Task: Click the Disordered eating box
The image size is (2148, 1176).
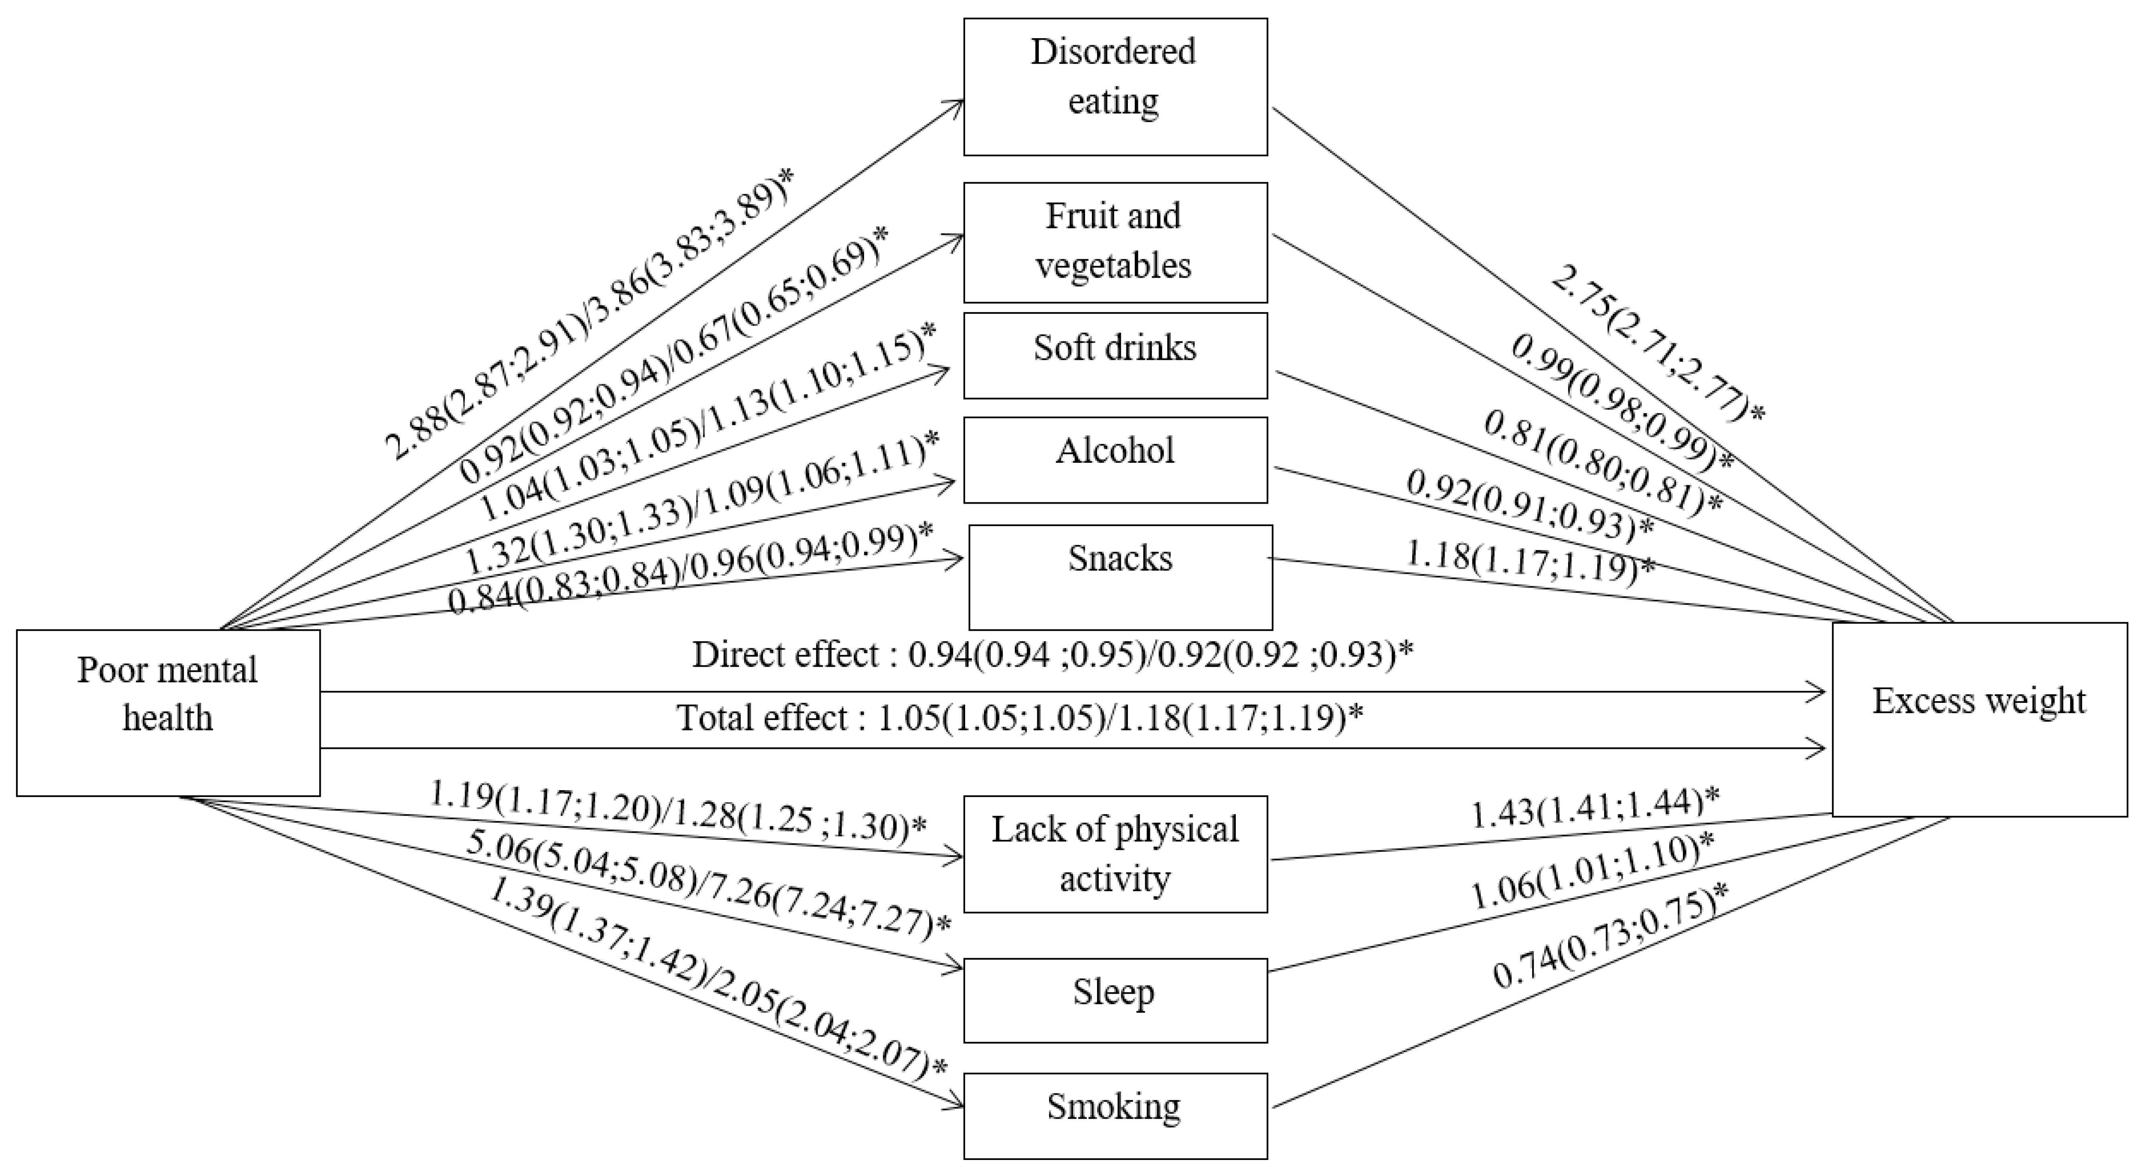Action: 1115,87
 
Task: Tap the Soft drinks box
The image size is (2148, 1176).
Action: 1115,355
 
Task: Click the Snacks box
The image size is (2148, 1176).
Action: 1120,577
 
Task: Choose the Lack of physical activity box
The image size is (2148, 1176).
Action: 1115,853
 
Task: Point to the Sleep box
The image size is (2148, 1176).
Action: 1115,1000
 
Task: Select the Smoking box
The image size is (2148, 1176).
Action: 1115,1115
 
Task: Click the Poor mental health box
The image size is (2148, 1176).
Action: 168,712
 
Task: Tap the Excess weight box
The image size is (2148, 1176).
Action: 1979,718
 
